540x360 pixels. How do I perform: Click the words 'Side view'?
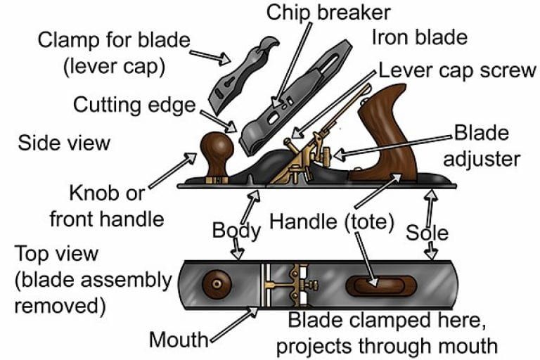(x=64, y=142)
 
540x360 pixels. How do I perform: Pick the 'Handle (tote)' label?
(x=333, y=224)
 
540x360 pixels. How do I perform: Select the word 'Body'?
(x=236, y=230)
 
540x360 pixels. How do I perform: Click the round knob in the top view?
(x=217, y=284)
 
